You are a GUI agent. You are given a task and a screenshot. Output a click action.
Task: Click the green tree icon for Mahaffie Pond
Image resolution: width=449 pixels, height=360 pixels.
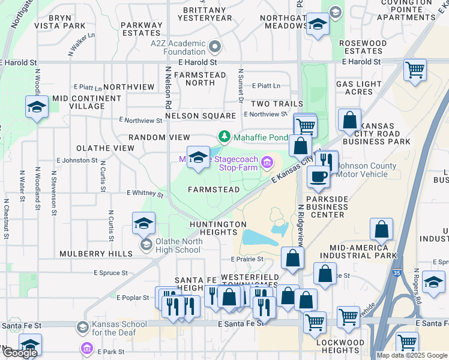pos(224,137)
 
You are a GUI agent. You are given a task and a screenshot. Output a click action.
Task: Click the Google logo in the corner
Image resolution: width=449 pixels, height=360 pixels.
pos(19,352)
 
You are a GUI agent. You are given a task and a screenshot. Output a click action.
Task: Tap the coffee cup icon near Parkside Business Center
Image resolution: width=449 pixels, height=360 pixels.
pos(318,176)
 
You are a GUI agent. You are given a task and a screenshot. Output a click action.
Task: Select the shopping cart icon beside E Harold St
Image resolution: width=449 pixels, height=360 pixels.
pos(415,70)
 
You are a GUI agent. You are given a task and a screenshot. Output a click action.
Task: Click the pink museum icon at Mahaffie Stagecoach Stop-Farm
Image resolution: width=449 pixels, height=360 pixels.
pos(267,160)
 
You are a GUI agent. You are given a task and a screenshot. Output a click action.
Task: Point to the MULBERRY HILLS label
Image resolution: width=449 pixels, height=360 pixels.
pos(96,254)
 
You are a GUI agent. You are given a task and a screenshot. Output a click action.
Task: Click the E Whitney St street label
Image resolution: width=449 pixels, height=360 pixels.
pos(145,194)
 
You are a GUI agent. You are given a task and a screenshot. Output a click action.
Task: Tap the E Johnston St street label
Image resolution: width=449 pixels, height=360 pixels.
pos(77,160)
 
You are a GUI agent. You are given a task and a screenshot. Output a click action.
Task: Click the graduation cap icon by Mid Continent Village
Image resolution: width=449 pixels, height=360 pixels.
pos(37,107)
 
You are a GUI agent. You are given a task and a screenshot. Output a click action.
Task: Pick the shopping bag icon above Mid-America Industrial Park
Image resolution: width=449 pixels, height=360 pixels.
pos(381,229)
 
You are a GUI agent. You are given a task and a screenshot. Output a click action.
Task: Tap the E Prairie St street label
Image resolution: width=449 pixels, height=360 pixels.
pos(247,259)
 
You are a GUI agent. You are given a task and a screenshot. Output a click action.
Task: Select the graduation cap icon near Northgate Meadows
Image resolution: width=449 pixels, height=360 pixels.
pos(318,24)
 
